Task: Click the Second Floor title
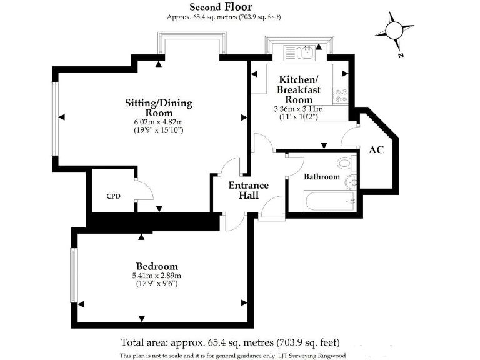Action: (x=221, y=7)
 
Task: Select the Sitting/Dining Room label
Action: (x=159, y=107)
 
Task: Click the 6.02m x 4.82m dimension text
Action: (x=159, y=122)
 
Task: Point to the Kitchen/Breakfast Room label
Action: (x=299, y=89)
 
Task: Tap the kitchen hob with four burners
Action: (x=342, y=94)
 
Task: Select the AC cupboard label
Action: (x=376, y=151)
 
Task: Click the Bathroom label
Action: (x=322, y=177)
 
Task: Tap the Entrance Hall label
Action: (x=248, y=191)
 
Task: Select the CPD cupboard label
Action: (x=113, y=196)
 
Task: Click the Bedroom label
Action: (x=157, y=266)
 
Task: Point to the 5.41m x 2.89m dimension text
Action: (x=157, y=275)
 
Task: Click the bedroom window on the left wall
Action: (x=74, y=276)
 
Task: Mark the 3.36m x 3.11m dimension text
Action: (x=299, y=109)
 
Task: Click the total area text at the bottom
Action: (x=230, y=342)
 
